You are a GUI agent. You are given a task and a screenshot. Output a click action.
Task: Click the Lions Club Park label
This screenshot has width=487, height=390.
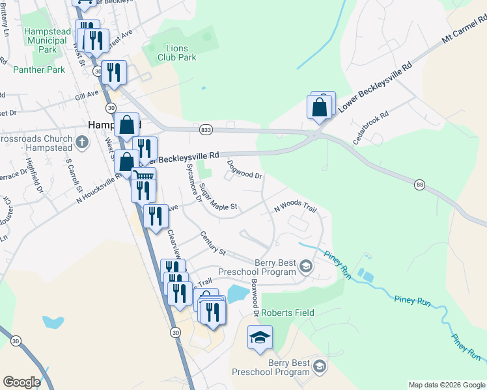(177, 53)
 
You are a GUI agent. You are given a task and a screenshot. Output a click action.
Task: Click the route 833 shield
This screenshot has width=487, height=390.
(206, 130)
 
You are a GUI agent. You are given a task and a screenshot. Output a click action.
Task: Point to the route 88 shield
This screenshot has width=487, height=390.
(420, 185)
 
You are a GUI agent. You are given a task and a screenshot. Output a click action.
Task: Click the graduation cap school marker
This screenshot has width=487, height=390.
(260, 337)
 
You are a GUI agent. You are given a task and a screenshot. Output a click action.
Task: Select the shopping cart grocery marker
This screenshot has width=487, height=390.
(144, 176)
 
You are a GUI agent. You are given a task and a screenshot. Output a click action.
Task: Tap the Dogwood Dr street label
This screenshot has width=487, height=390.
(245, 170)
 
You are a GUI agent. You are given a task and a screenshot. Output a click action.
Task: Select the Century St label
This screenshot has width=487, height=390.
(212, 243)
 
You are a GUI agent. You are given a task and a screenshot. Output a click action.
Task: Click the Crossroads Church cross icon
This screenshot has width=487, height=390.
(81, 141)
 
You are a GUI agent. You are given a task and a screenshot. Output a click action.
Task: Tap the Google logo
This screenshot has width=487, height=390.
(21, 382)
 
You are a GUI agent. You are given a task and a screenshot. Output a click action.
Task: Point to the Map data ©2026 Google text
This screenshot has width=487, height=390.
(447, 385)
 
